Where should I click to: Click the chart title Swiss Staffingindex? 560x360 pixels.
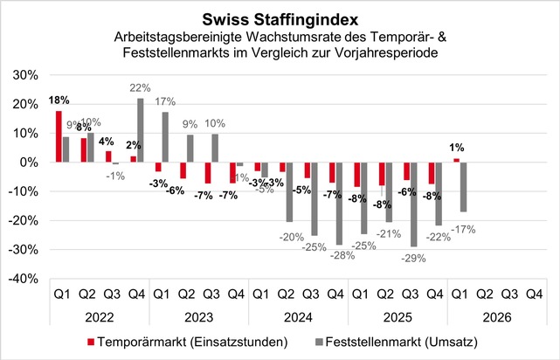[280, 18]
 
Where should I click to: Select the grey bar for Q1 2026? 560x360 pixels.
[462, 187]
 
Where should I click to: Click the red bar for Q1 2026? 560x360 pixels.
[455, 160]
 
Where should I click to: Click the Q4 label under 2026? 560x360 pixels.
[532, 295]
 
